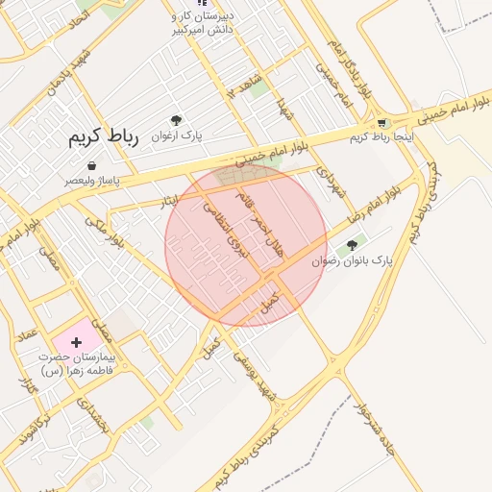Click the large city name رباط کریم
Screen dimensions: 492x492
[x=103, y=137]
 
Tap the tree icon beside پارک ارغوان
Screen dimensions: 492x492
[x=176, y=121]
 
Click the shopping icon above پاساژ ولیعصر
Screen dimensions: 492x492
[x=92, y=166]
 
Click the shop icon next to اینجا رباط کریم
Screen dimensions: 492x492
[x=383, y=123]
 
